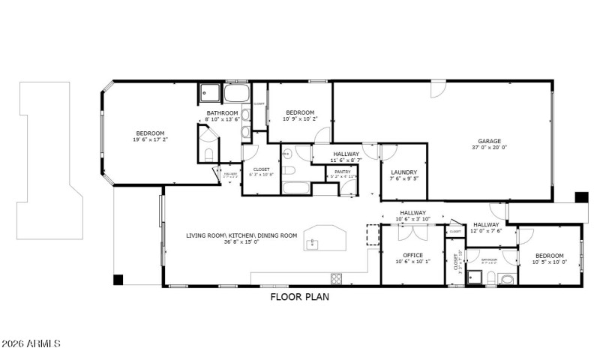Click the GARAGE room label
coord(490,140)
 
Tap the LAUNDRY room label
coord(403,172)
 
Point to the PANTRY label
coord(341,172)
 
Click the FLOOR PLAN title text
coord(300,296)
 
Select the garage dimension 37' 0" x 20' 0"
coord(490,148)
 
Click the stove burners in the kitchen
coord(337,279)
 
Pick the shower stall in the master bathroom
coord(208,94)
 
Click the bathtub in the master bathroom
coord(237,94)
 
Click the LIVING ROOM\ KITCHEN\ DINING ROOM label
coord(241,235)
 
